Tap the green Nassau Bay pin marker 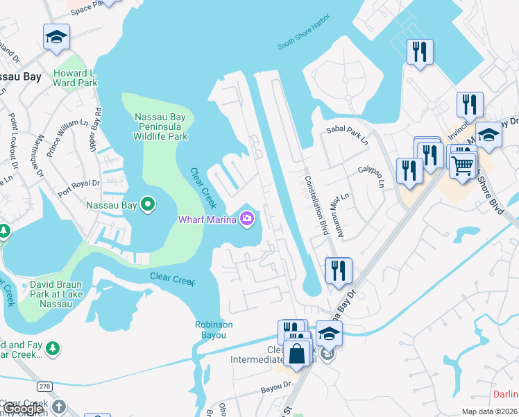pos(147,205)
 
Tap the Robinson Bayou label pos(214,329)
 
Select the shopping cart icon pos(463,165)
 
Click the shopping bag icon pos(297,352)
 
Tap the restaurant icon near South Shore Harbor pos(420,51)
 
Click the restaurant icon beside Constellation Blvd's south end pos(339,270)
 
